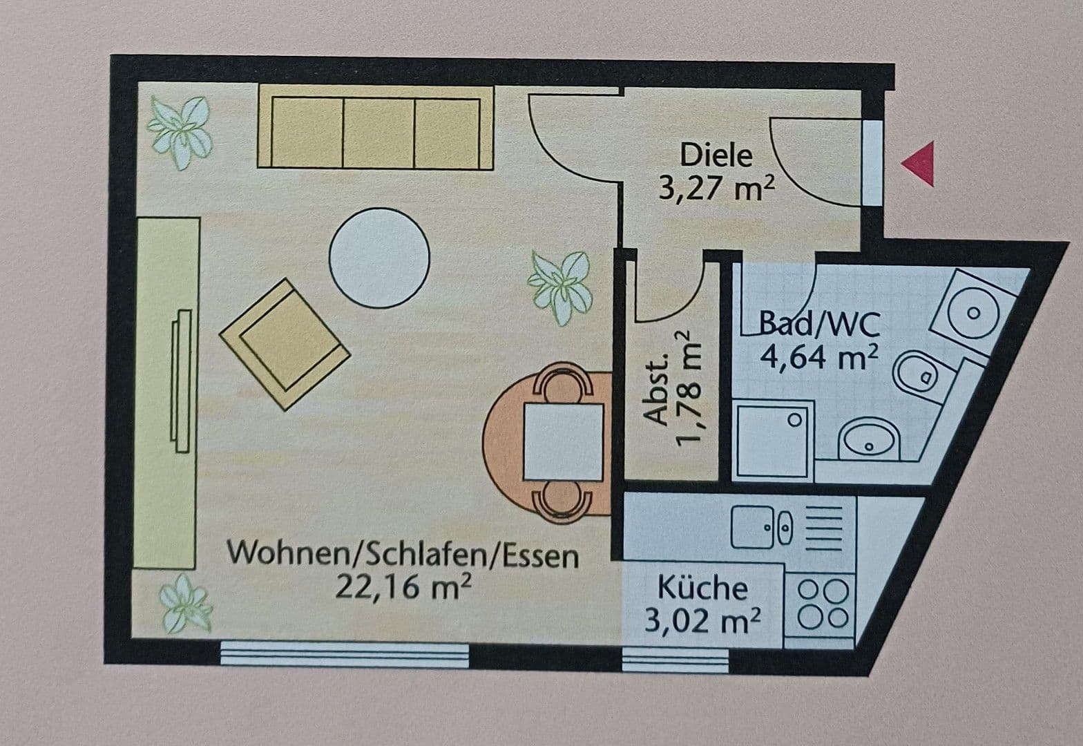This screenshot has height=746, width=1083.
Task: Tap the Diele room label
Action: pyautogui.click(x=716, y=155)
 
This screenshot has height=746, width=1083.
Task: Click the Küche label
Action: pyautogui.click(x=702, y=589)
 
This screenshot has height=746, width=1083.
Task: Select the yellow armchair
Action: pyautogui.click(x=284, y=343)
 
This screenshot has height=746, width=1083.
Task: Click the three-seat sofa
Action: pyautogui.click(x=376, y=128)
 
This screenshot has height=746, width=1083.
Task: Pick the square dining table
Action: pyautogui.click(x=564, y=443)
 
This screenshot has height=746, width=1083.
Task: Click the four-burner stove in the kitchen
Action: pyautogui.click(x=823, y=604)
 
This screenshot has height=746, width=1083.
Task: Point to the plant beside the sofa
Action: pyautogui.click(x=180, y=131)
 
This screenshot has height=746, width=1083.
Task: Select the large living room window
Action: pyautogui.click(x=344, y=653)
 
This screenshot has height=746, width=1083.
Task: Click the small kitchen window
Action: pyautogui.click(x=675, y=660)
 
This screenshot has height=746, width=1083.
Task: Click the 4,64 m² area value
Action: pyautogui.click(x=819, y=358)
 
